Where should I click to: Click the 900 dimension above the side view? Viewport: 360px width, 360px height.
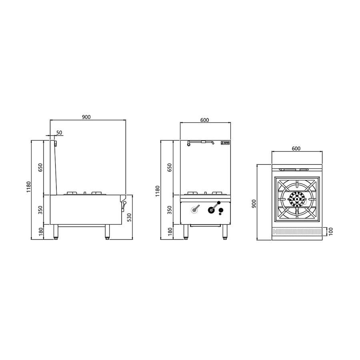(86, 117)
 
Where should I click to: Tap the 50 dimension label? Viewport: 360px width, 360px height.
(59, 132)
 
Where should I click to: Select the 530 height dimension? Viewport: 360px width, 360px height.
(129, 218)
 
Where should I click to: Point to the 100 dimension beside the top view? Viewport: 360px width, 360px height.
(331, 232)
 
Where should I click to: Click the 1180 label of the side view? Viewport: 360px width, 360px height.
(28, 187)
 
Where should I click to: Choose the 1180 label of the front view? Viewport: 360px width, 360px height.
(158, 191)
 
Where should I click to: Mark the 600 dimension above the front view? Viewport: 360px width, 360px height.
(204, 120)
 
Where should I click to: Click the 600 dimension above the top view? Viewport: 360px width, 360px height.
(296, 148)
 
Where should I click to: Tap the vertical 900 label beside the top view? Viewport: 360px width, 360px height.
(254, 204)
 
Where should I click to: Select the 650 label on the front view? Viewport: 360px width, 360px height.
(170, 168)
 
